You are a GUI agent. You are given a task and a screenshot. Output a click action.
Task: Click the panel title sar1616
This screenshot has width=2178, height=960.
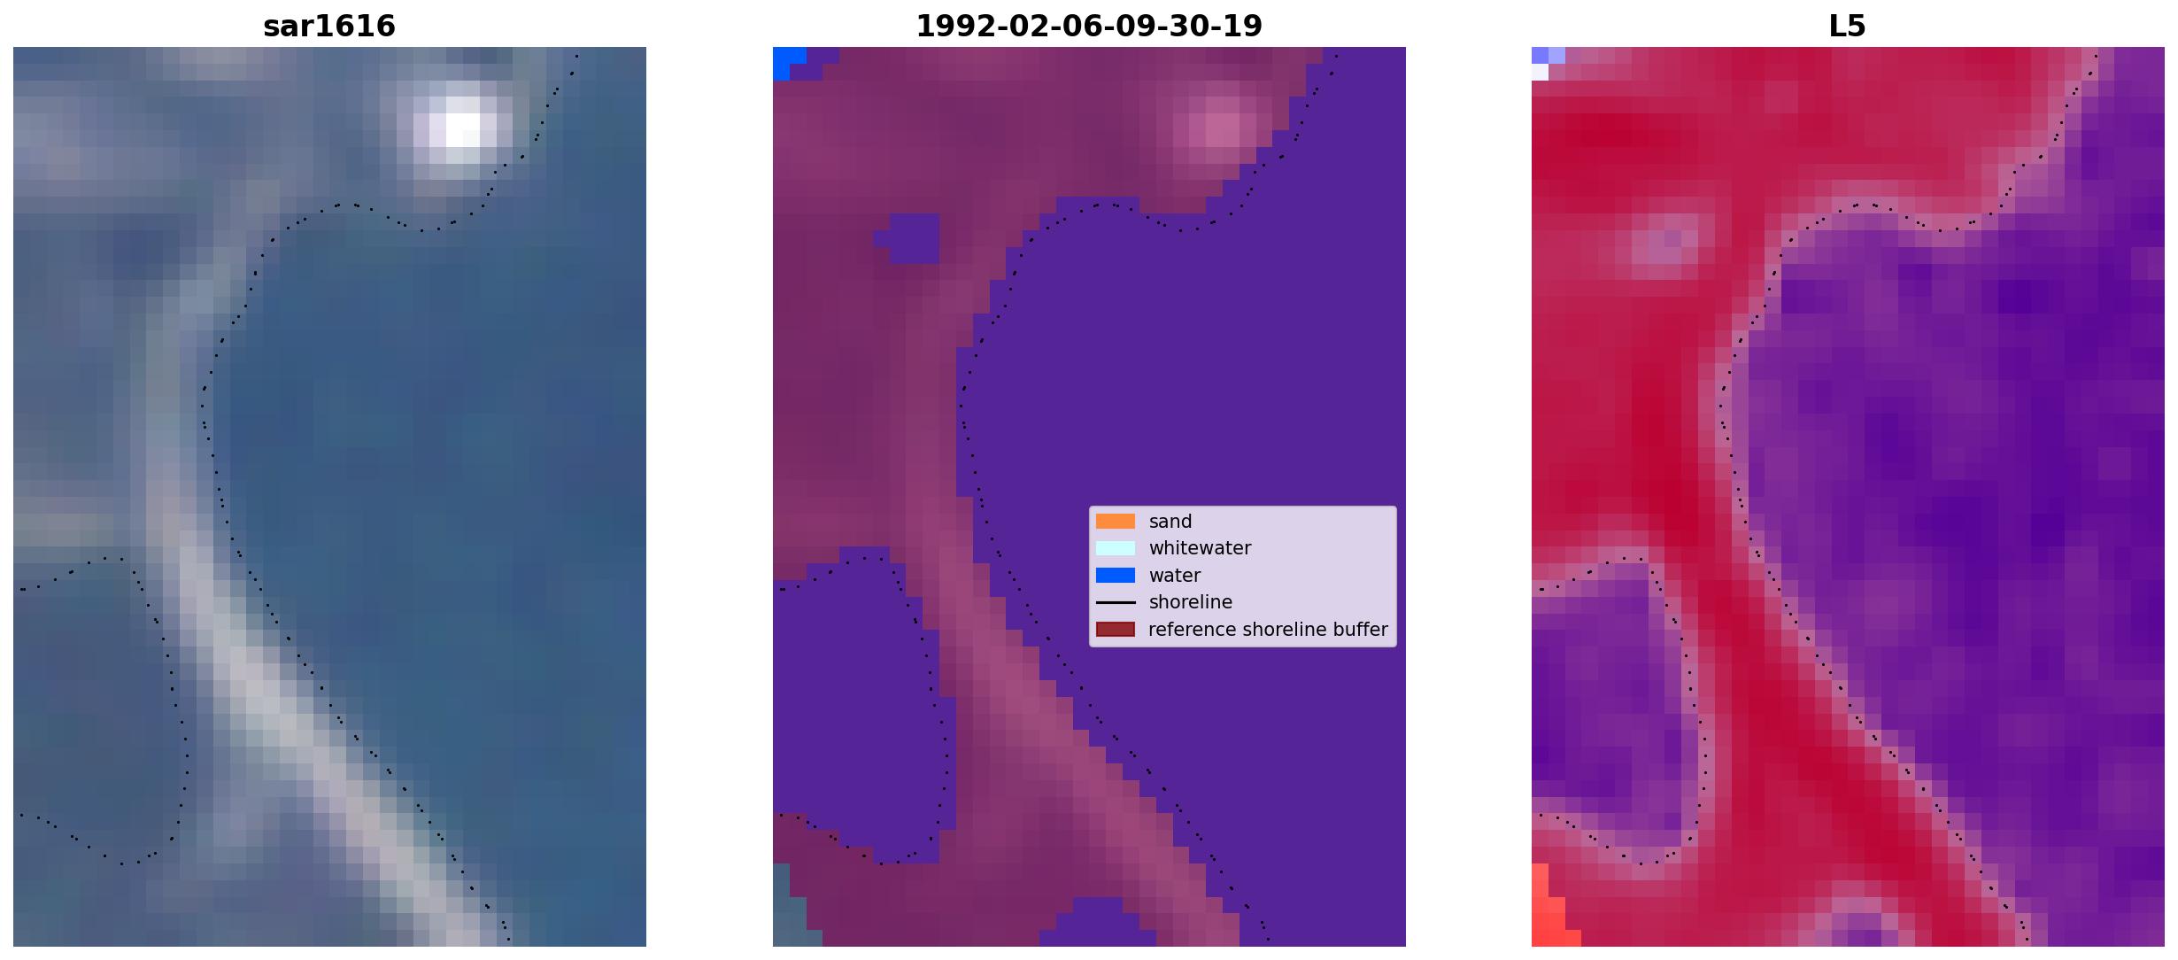coord(329,26)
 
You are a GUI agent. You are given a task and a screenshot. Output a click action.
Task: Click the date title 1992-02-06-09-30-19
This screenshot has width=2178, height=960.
coord(1089,26)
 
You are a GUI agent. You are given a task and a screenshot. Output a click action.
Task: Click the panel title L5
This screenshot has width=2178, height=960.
coord(1847,26)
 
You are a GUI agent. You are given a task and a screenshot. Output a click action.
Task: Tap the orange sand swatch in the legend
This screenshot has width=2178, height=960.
coord(1116,522)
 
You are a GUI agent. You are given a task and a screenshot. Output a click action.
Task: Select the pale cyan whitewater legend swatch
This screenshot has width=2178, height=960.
coord(1116,548)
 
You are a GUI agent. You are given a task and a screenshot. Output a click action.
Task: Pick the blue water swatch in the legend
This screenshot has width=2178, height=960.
coord(1116,576)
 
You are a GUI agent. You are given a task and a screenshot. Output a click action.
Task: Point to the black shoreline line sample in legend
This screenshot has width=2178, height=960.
coord(1116,602)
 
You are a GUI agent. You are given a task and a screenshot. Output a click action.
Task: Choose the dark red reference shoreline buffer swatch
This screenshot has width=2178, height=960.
coord(1116,630)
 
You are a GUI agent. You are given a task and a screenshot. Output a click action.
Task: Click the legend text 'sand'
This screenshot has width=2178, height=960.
coord(1170,522)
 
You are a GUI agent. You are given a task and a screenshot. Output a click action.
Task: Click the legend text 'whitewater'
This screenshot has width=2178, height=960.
coord(1200,548)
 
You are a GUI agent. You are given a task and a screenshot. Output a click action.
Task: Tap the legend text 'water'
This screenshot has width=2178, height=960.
coord(1175,576)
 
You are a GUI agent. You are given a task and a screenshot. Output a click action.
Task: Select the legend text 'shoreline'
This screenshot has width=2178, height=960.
coord(1191,602)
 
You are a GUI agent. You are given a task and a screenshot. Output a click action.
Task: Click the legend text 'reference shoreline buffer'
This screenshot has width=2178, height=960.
coord(1268,630)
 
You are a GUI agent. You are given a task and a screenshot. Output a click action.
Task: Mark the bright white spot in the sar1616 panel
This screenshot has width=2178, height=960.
coord(462,124)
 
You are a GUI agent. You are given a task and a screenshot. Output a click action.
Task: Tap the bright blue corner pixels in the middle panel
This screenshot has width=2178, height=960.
coord(786,61)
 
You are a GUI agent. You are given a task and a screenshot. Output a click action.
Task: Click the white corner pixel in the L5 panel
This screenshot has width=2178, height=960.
coord(1540,72)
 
